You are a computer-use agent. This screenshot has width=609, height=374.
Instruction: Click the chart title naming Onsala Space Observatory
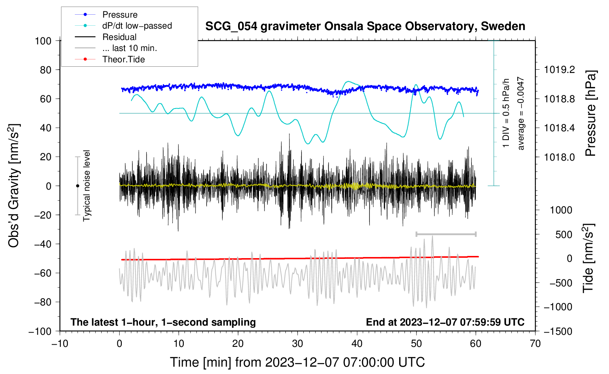365,26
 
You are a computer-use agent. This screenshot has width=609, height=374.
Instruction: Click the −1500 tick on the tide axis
558,331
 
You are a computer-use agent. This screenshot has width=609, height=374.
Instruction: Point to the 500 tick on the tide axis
564,234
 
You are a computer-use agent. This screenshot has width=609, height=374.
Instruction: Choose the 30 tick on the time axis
298,344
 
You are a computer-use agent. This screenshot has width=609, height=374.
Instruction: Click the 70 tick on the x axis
535,344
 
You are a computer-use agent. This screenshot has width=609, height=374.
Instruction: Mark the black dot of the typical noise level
77,186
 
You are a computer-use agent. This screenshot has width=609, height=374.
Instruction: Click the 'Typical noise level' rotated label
87,186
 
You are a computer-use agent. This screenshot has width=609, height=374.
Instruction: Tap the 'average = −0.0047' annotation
521,113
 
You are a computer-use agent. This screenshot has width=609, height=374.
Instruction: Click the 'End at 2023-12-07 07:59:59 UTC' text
445,322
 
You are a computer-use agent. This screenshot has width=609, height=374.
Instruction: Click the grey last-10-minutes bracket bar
446,234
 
